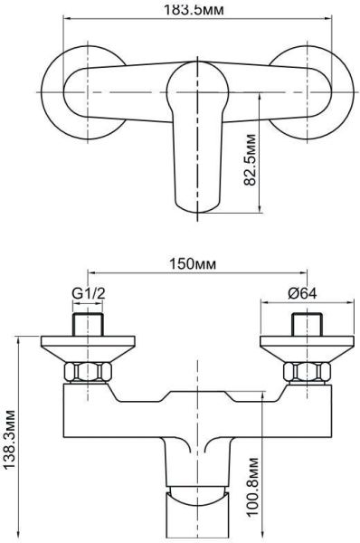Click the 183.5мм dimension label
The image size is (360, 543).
(x=194, y=9)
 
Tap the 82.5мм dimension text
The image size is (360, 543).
(x=250, y=159)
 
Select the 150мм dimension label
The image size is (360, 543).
(x=193, y=264)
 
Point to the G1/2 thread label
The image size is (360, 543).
(x=89, y=293)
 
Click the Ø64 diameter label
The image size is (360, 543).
(x=302, y=293)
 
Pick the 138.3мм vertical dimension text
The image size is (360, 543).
(x=9, y=440)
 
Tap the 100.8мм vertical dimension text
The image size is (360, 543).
(x=252, y=487)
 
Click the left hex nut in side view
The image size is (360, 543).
(x=88, y=372)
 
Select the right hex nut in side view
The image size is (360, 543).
(x=307, y=372)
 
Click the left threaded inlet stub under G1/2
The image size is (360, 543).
(x=88, y=325)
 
